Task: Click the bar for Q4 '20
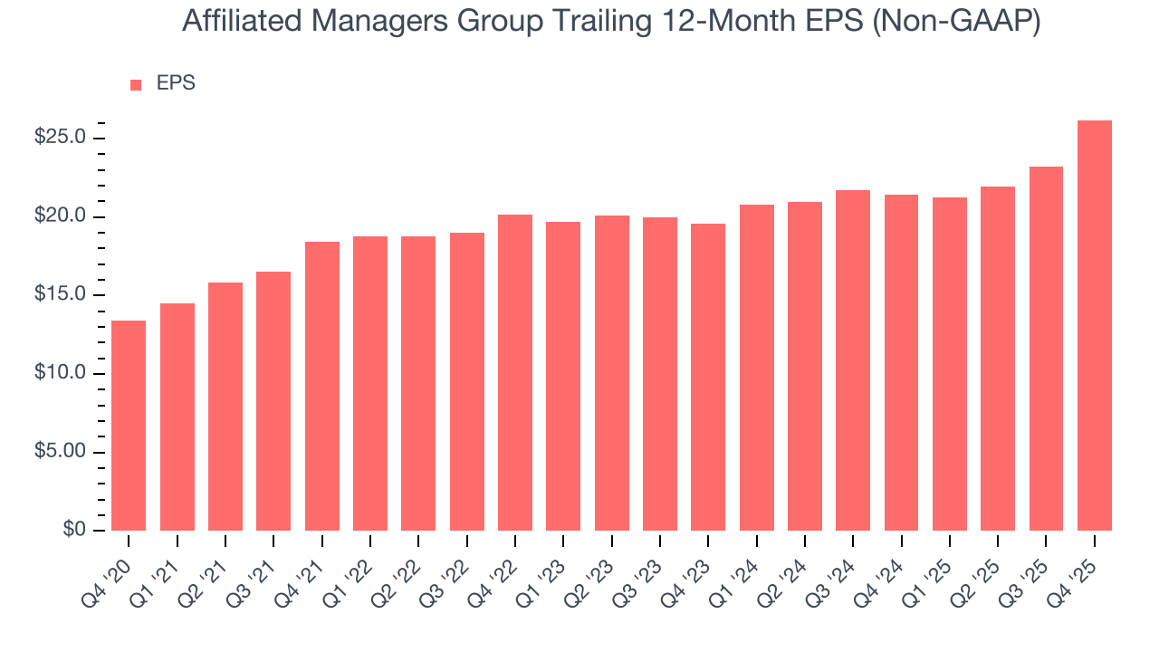[129, 426]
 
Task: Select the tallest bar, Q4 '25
[1095, 326]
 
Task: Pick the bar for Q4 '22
[515, 372]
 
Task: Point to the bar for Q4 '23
[708, 377]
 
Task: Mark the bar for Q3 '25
[1046, 349]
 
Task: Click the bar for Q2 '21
[225, 407]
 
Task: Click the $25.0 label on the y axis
[60, 138]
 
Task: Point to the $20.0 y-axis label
[60, 216]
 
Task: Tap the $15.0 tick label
[60, 295]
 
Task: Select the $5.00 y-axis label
[60, 452]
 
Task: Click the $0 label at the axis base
[74, 531]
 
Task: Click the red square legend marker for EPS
[136, 84]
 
